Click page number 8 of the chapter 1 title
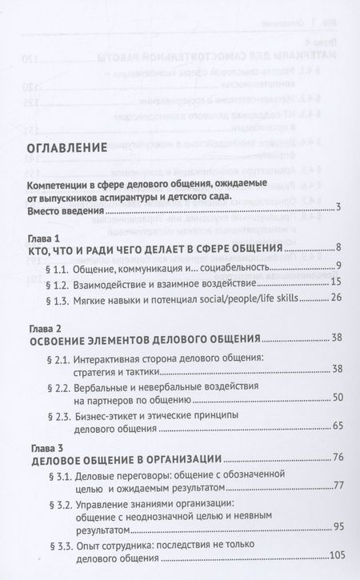pos(339,250)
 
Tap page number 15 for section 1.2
pos(336,282)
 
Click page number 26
pos(336,298)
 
